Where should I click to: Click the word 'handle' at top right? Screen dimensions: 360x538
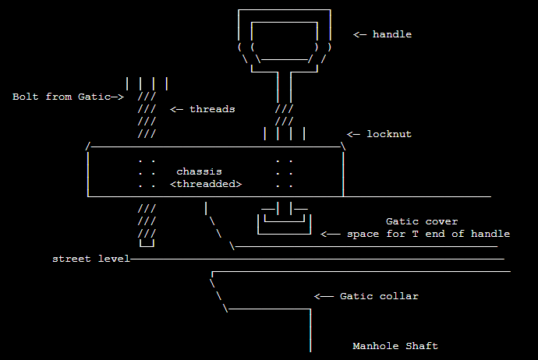point(391,34)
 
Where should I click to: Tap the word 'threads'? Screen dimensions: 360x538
point(212,109)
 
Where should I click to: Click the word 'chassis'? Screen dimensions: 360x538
point(199,171)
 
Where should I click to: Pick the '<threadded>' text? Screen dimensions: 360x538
point(206,184)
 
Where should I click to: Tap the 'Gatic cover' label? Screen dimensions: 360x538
point(422,221)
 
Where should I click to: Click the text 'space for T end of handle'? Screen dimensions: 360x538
point(428,234)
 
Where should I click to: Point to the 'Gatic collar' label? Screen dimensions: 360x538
point(379,296)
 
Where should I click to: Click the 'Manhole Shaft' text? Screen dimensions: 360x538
point(395,346)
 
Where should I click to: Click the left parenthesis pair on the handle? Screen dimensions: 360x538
point(246,47)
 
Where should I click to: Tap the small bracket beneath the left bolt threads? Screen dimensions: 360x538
point(147,244)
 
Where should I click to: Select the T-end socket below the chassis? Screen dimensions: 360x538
point(284,222)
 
